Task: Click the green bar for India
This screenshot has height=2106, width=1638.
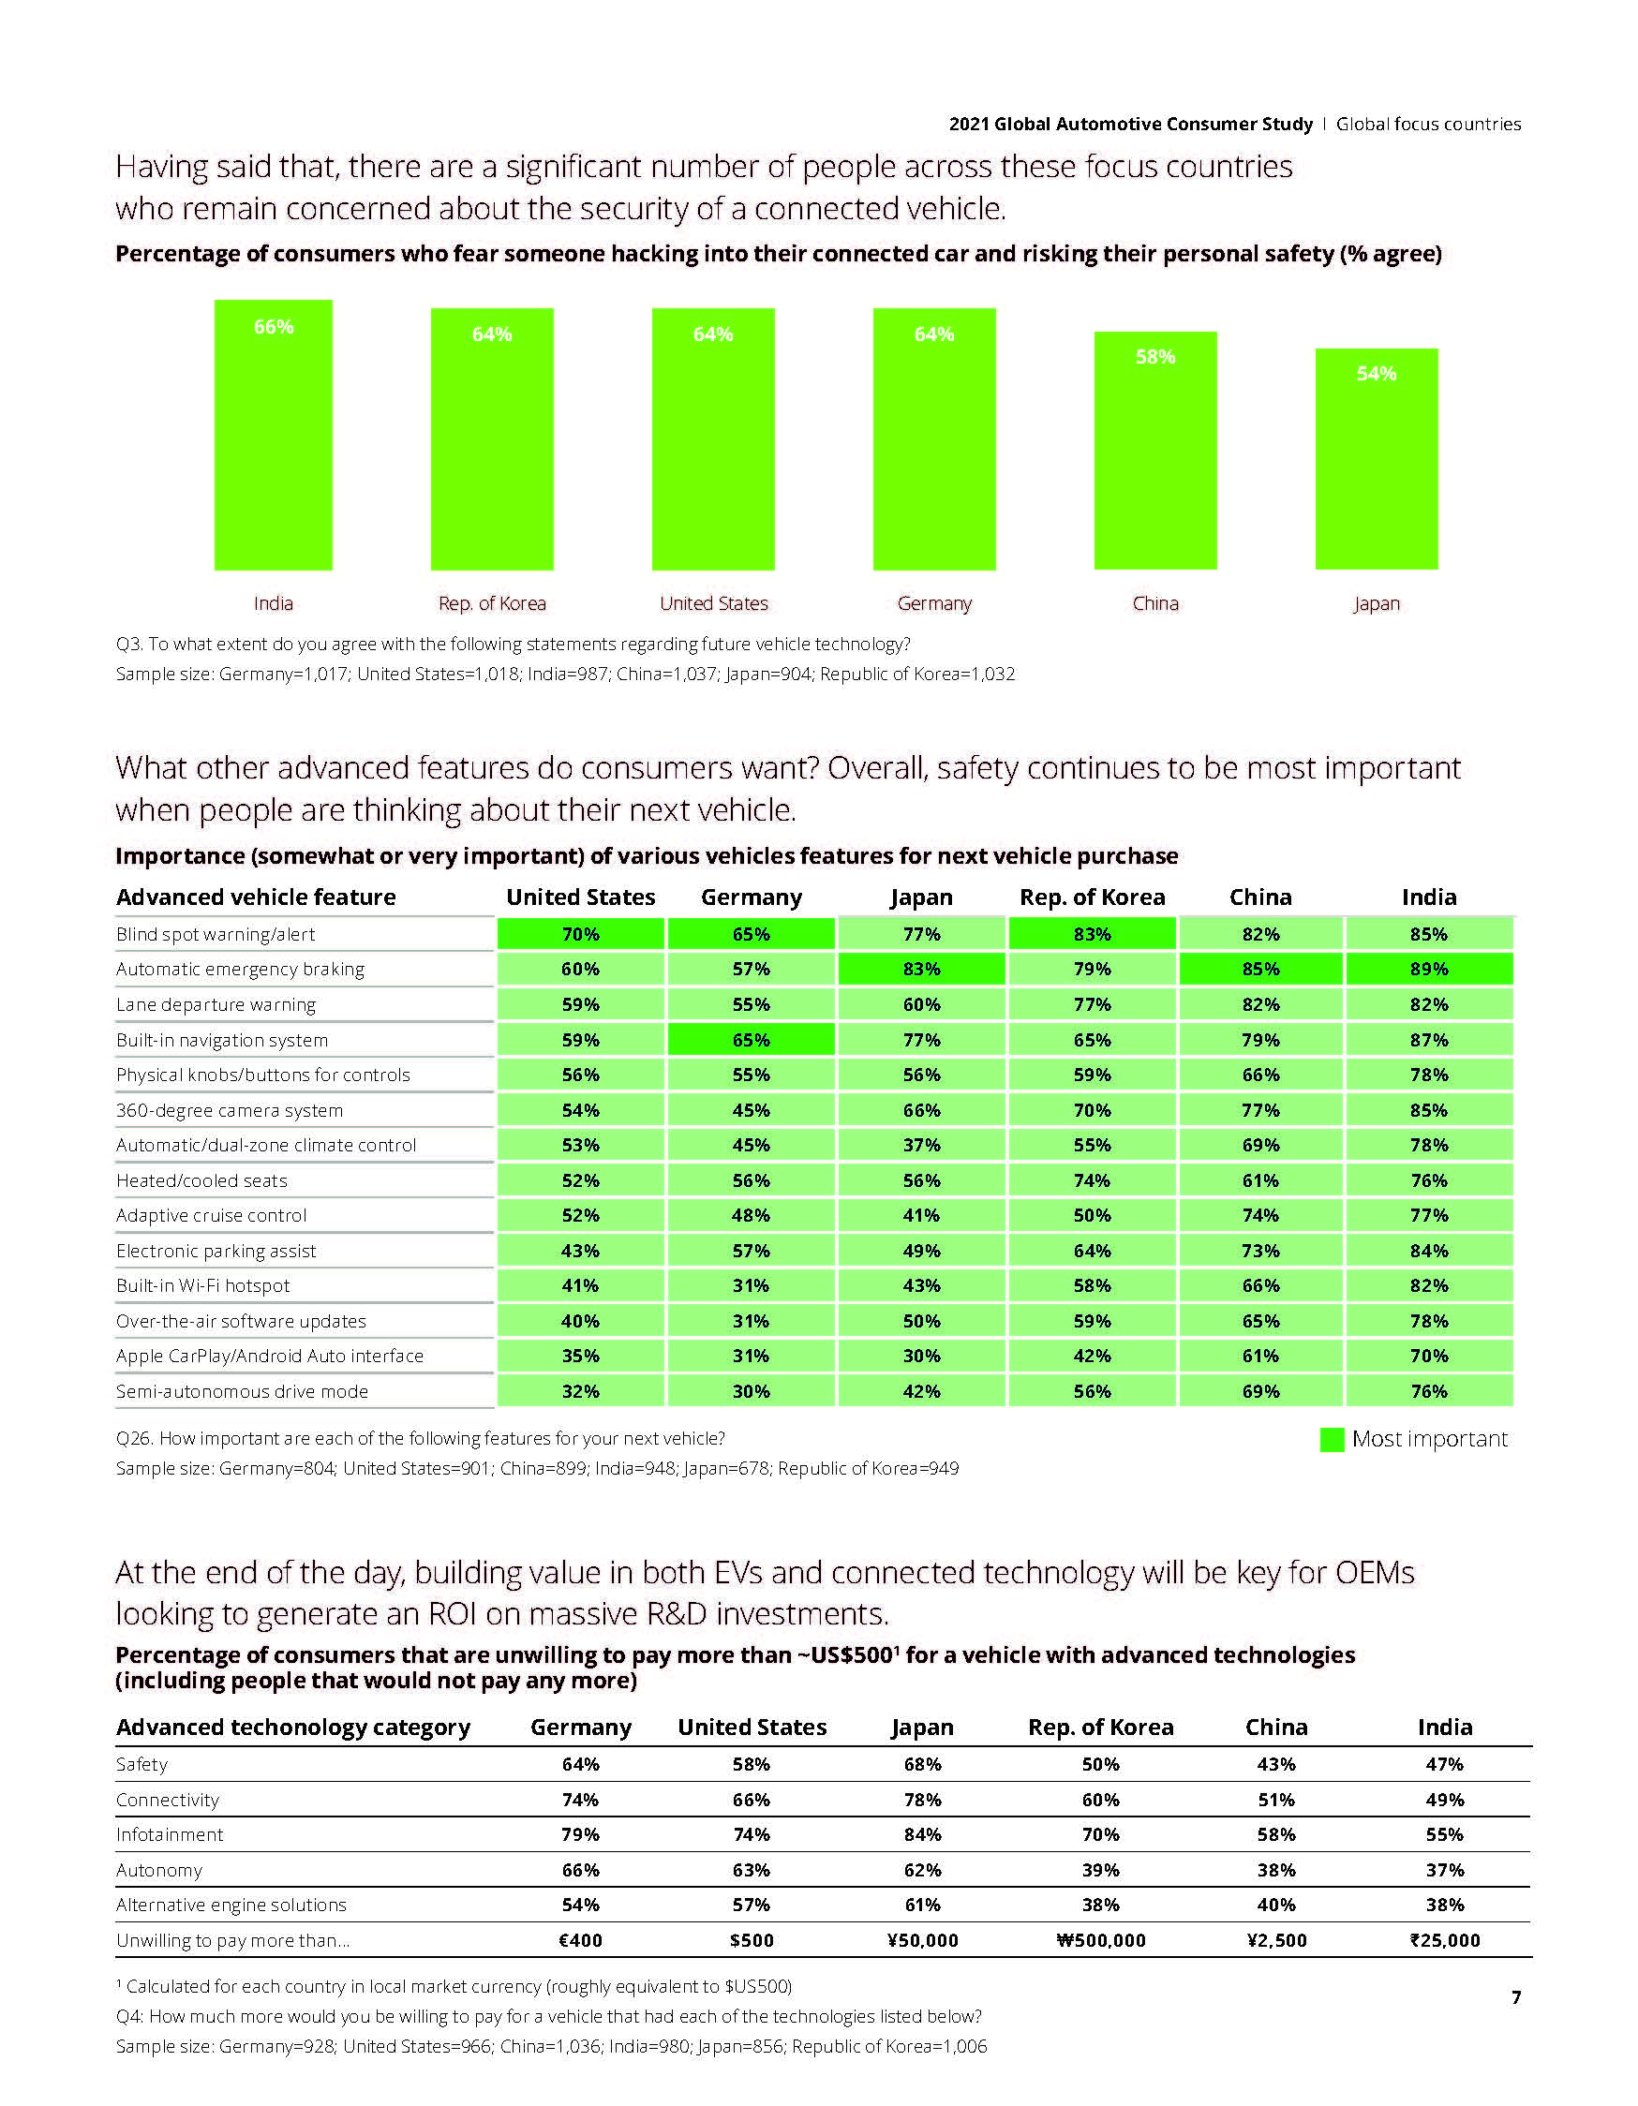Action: coord(273,435)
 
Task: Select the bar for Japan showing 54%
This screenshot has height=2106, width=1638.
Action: coord(1376,459)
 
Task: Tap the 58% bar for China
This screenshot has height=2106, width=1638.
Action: coord(1154,451)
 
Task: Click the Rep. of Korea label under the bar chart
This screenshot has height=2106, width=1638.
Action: coord(492,603)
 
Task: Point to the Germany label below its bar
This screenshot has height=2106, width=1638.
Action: coord(934,603)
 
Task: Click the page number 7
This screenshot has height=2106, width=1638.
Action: coord(1515,1997)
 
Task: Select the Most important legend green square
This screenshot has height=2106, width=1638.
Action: coord(1332,1440)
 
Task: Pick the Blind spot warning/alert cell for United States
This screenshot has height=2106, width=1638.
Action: coord(581,934)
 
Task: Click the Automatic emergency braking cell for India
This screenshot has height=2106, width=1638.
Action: coord(1429,969)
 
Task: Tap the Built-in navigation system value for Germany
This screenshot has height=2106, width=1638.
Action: coord(751,1041)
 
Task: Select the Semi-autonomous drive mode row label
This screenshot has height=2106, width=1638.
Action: coord(242,1391)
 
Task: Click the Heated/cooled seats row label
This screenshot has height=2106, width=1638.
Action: coord(201,1180)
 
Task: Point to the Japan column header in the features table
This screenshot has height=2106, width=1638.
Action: coord(921,897)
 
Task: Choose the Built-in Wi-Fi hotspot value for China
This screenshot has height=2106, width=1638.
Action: coord(1259,1285)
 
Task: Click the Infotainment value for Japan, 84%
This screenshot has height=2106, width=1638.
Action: coord(922,1834)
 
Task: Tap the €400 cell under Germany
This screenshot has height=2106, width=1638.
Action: coord(581,1940)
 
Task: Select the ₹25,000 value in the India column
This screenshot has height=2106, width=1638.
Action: coord(1444,1940)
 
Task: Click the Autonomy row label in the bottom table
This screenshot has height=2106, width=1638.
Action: coord(159,1870)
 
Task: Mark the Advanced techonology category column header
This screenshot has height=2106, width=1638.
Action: coord(293,1727)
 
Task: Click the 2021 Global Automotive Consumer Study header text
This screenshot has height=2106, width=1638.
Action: coord(1131,125)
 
